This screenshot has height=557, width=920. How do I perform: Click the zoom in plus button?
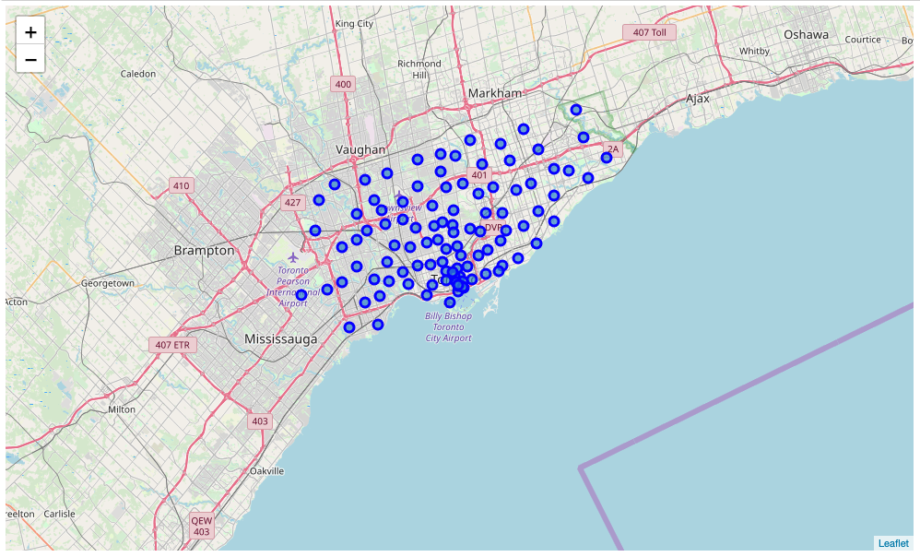30,32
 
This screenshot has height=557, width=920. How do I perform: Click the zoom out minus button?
30,60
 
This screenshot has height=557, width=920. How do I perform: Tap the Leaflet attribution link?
893,543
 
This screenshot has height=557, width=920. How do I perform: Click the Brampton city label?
204,250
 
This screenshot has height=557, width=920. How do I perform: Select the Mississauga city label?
280,339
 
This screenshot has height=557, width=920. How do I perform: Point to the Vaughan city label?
360,149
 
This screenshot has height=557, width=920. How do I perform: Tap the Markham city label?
494,93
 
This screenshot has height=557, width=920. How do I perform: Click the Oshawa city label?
806,35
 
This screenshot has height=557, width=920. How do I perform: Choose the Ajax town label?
698,98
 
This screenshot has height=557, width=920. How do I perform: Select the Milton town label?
122,409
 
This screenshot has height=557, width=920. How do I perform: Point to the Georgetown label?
108,283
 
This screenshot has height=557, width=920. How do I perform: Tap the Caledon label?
138,73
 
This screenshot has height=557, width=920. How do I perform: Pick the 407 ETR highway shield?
173,345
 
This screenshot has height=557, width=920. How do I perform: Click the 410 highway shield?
181,186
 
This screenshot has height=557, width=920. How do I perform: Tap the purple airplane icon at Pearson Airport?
294,256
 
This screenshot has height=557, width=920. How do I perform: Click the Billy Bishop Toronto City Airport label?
449,327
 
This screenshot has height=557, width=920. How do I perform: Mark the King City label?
354,23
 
